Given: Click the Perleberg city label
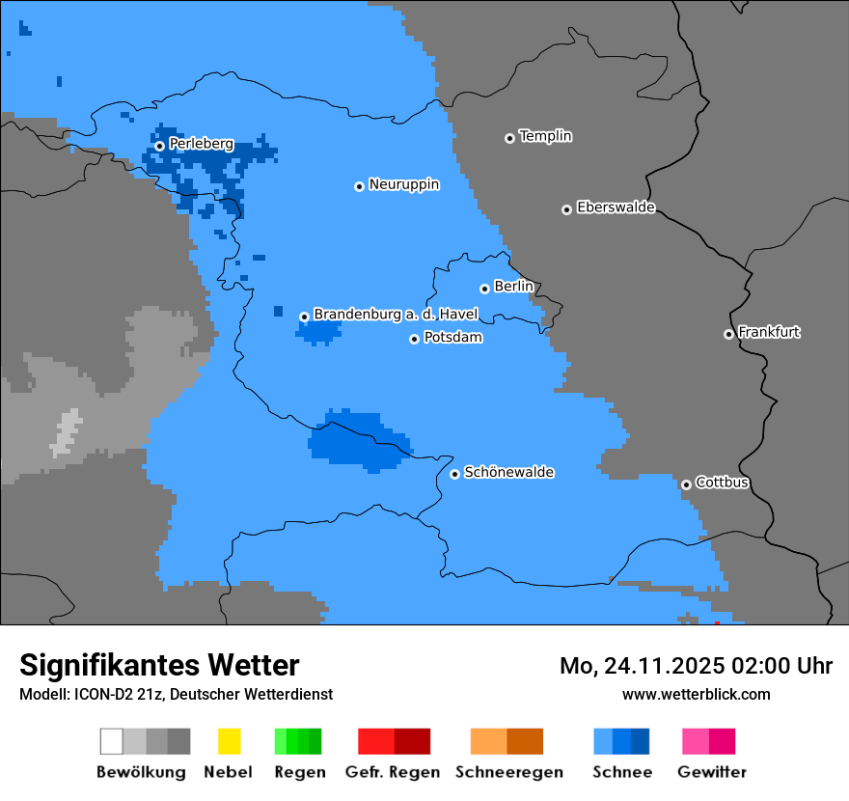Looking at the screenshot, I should (x=201, y=144).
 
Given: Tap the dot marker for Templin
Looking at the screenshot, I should (x=509, y=138).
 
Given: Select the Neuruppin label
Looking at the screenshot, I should (x=403, y=184).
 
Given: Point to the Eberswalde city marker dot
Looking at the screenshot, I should (x=566, y=209).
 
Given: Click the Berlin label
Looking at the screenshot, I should (x=513, y=287).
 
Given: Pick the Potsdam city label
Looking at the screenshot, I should (x=452, y=338).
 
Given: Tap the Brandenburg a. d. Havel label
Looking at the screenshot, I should (x=396, y=315).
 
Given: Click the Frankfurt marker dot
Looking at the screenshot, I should (x=728, y=334).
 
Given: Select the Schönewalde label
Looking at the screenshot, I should (x=508, y=473).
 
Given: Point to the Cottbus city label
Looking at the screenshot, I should (x=722, y=483).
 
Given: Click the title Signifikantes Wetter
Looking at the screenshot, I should (x=159, y=665).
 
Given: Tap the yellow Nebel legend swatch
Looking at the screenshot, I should (x=229, y=741).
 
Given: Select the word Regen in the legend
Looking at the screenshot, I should (x=299, y=772).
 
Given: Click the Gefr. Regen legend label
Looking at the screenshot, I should (x=392, y=772).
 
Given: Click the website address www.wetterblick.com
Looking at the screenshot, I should (x=696, y=694).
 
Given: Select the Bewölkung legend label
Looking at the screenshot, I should (x=141, y=772).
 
